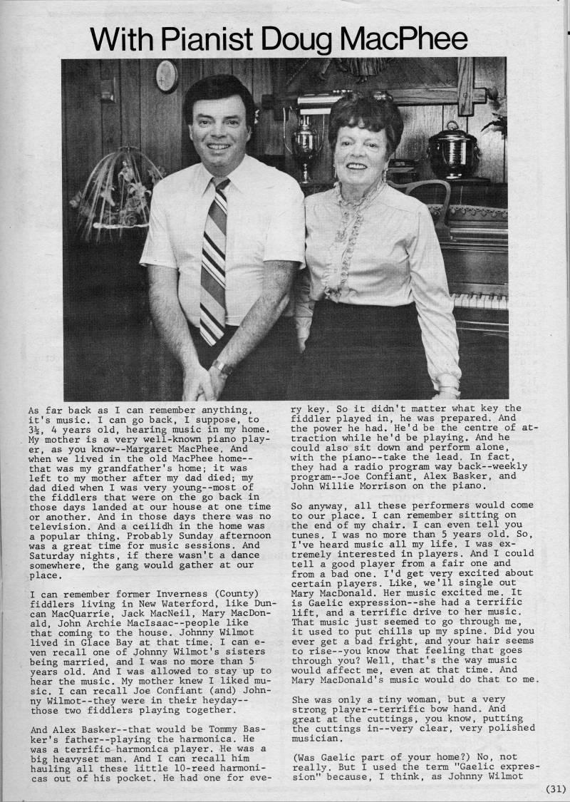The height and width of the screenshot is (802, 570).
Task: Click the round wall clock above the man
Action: (x=167, y=76)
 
